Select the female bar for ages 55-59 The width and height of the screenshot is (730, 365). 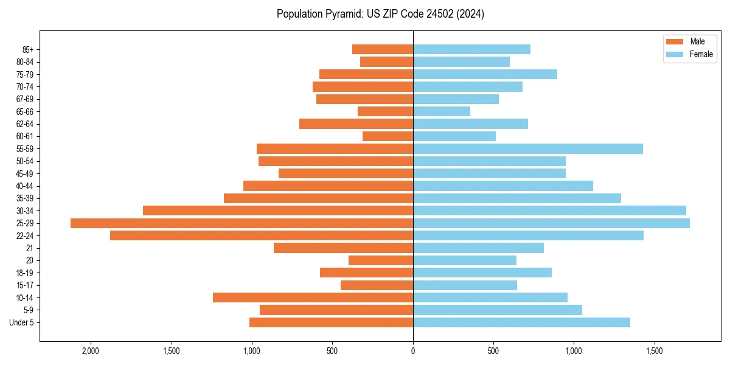pyautogui.click(x=527, y=148)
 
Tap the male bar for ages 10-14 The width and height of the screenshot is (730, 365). pyautogui.click(x=313, y=297)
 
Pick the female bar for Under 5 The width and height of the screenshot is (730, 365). pyautogui.click(x=521, y=322)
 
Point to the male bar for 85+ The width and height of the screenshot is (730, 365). pyautogui.click(x=382, y=49)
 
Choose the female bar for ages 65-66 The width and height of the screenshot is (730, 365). pyautogui.click(x=442, y=111)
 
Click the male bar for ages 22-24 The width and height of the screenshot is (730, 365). pyautogui.click(x=262, y=235)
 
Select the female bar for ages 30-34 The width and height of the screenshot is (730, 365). pyautogui.click(x=549, y=210)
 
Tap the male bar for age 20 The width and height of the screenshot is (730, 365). pyautogui.click(x=381, y=260)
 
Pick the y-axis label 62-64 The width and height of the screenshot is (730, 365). pyautogui.click(x=25, y=124)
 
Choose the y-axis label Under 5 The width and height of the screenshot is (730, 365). pyautogui.click(x=22, y=322)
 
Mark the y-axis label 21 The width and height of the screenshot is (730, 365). pyautogui.click(x=30, y=248)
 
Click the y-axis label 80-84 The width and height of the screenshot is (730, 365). pyautogui.click(x=25, y=62)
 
